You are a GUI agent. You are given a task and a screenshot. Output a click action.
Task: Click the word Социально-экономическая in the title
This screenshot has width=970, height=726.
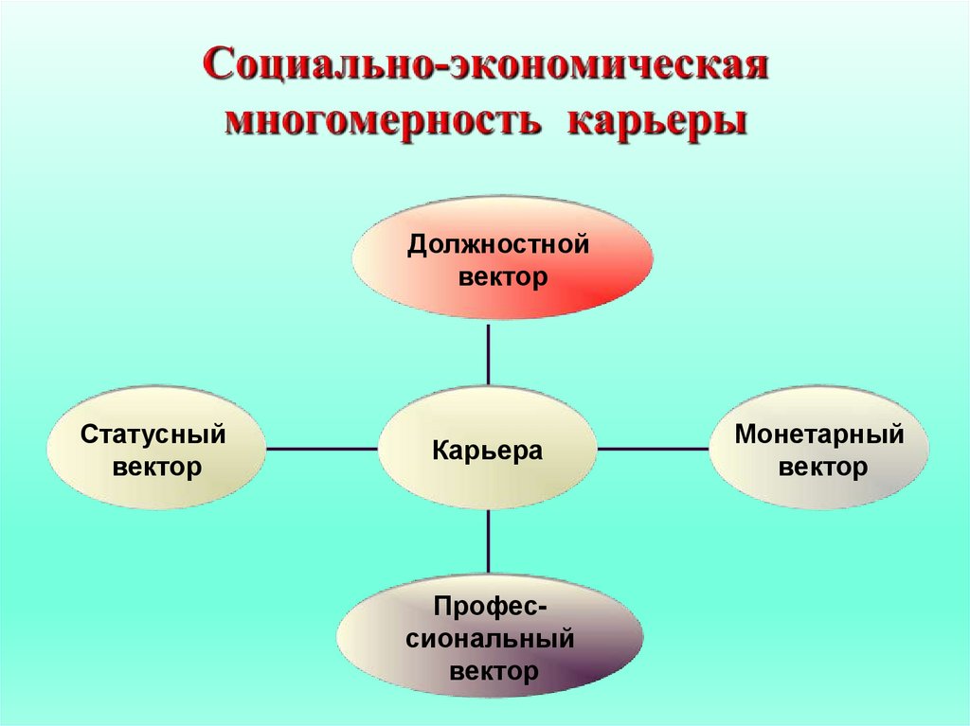click(485, 68)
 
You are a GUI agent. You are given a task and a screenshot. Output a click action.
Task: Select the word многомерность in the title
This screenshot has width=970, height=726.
click(380, 123)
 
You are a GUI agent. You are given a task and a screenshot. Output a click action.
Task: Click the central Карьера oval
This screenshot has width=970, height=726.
click(488, 449)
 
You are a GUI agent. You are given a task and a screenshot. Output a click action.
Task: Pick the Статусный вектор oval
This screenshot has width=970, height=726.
click(156, 449)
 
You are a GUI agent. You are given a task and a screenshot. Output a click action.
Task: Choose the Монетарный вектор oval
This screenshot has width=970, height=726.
click(818, 449)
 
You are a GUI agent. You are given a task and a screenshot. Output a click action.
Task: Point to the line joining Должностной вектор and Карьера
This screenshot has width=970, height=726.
click(489, 354)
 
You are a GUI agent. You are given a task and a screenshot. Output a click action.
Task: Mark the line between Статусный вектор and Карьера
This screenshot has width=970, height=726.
click(322, 449)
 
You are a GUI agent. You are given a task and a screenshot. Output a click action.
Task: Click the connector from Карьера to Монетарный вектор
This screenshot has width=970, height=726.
click(654, 449)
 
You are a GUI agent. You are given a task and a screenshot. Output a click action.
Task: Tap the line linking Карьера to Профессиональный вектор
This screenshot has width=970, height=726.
click(489, 541)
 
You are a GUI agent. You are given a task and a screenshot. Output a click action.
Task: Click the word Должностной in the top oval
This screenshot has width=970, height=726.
click(499, 246)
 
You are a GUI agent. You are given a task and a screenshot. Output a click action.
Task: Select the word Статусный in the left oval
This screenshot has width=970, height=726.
click(153, 435)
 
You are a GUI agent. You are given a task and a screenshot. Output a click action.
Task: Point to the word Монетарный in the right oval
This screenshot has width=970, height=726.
click(818, 435)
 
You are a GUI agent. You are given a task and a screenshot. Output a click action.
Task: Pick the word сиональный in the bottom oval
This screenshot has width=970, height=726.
click(491, 639)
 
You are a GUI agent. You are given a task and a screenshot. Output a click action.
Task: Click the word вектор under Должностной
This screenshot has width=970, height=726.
click(503, 278)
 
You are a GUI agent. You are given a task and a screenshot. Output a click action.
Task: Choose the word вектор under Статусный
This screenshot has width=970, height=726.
click(157, 467)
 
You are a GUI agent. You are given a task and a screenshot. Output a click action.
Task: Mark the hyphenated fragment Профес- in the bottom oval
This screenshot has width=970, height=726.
click(490, 606)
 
